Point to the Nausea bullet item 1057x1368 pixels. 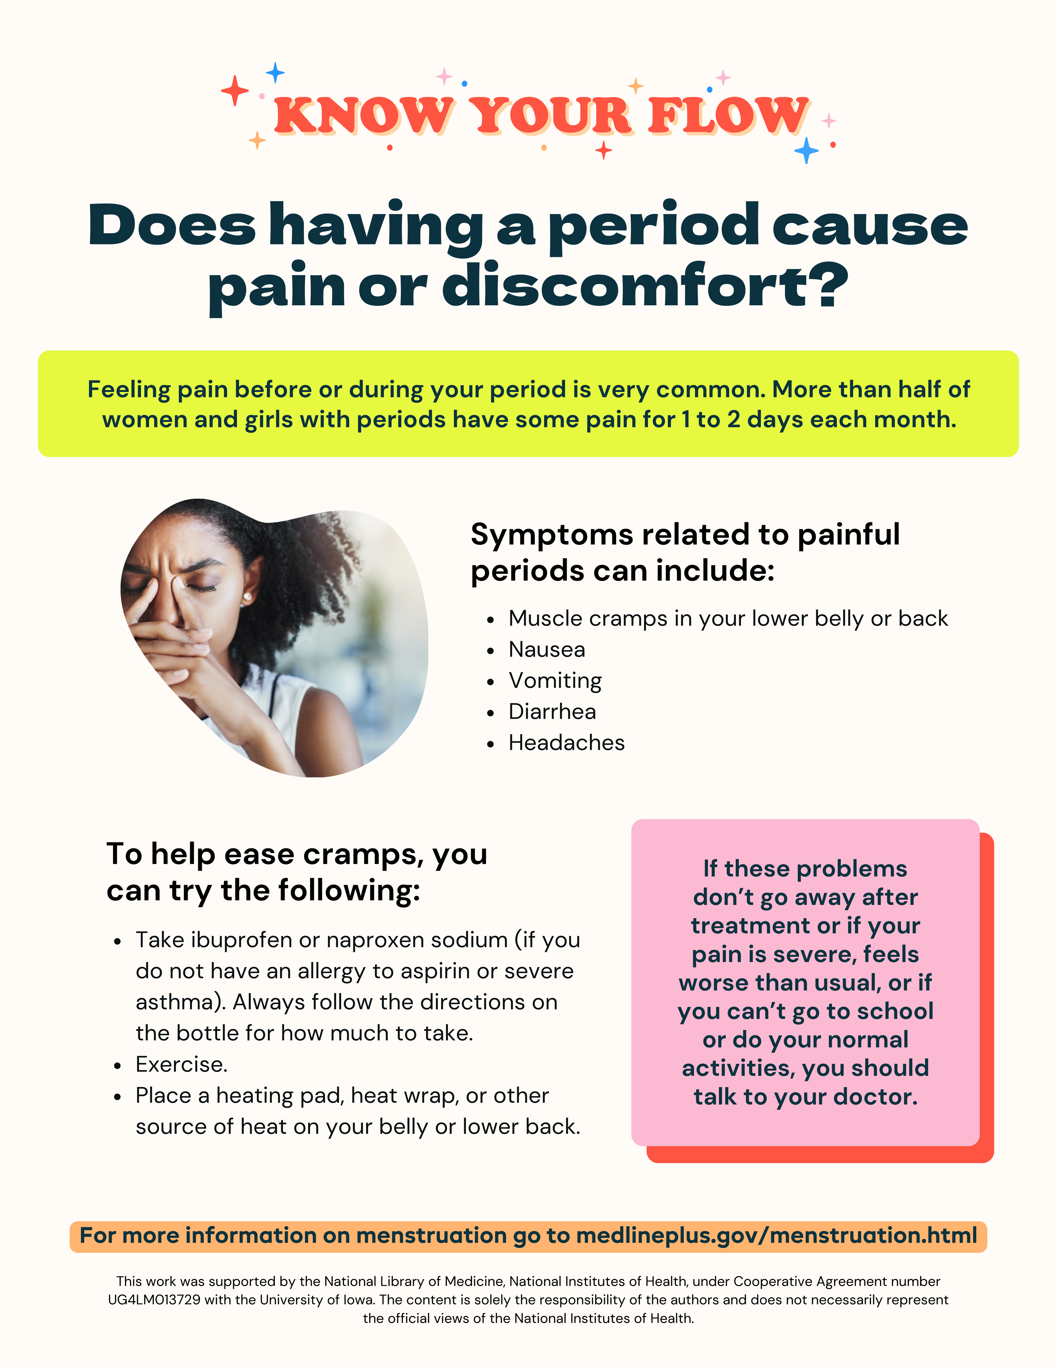[x=546, y=650]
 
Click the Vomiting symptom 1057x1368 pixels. [x=555, y=681]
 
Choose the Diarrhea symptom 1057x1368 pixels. [x=552, y=712]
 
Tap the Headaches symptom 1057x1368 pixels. [x=566, y=743]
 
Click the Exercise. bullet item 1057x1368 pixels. [x=182, y=1064]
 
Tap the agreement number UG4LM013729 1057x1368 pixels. [x=154, y=1300]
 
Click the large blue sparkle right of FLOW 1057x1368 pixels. [x=806, y=150]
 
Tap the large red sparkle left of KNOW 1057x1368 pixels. [x=235, y=91]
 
